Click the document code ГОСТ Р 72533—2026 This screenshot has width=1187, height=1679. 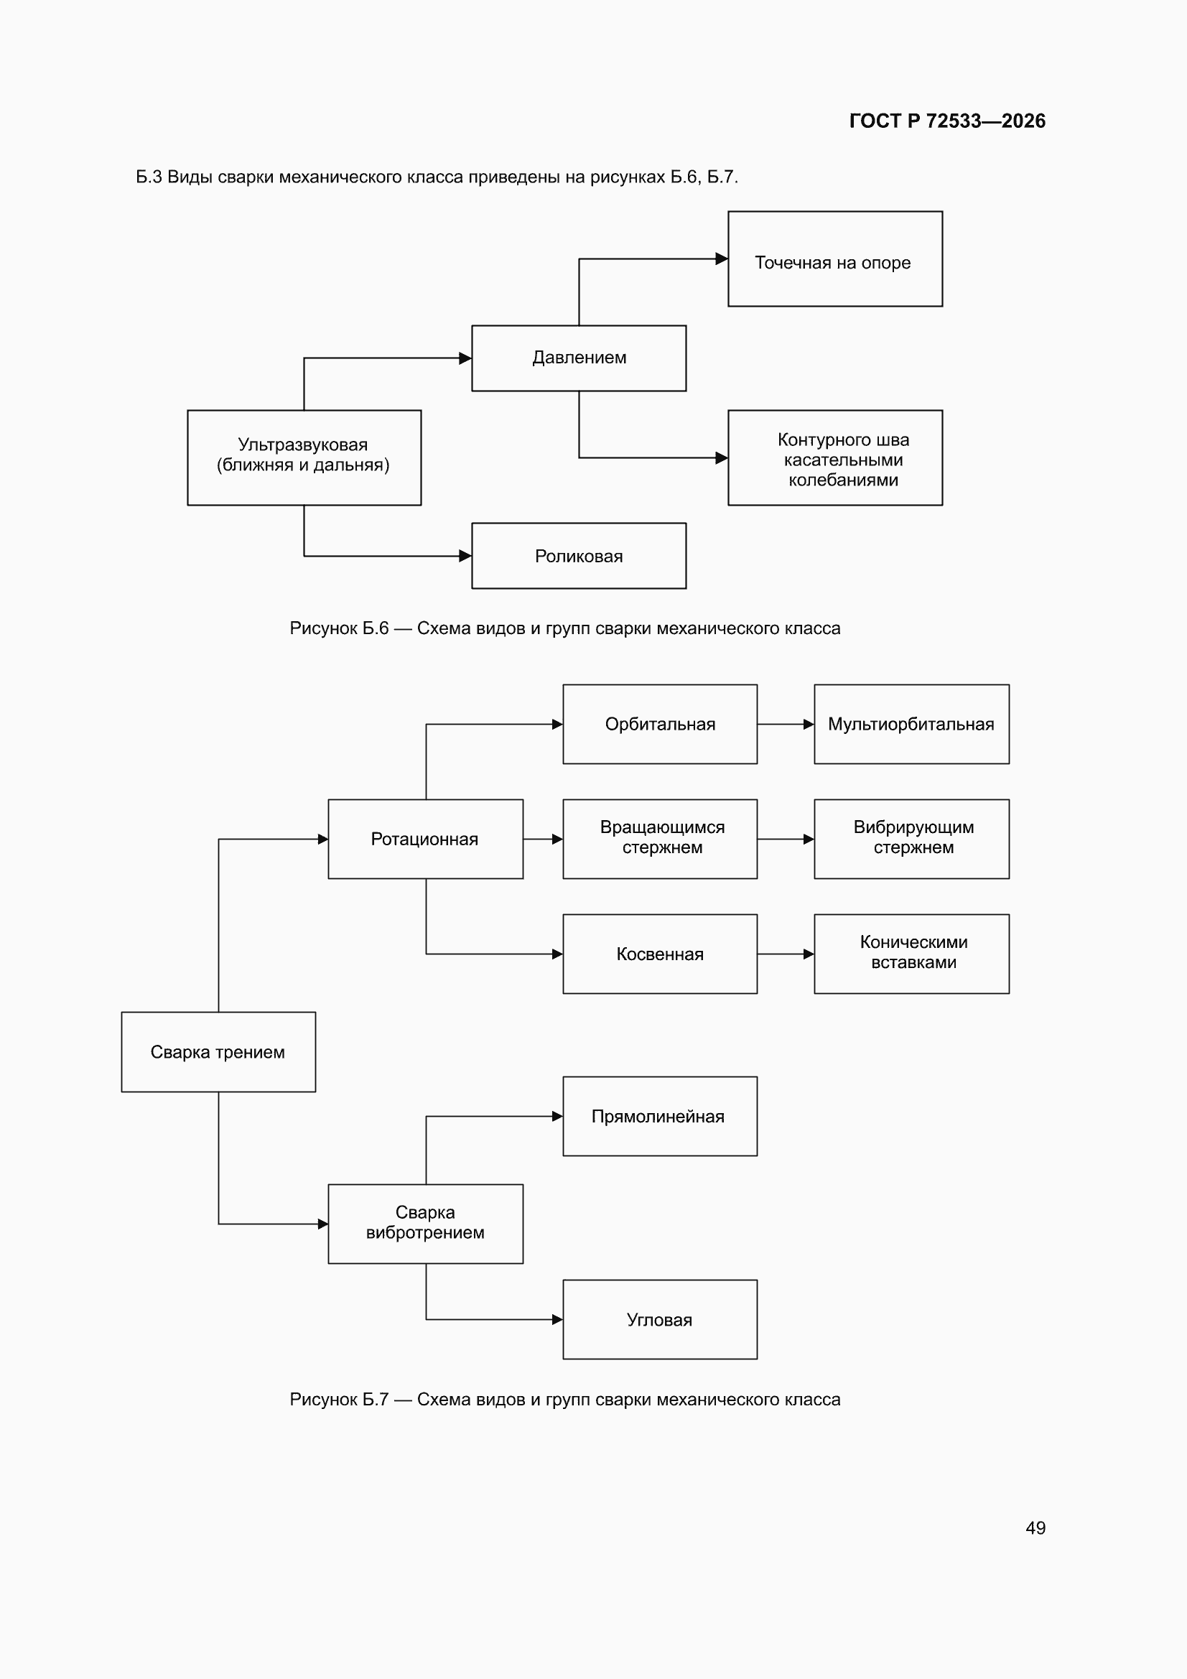tap(947, 121)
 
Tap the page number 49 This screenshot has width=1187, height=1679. tap(1035, 1527)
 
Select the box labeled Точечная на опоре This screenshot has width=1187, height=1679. tap(835, 259)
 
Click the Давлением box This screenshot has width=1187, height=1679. tap(579, 358)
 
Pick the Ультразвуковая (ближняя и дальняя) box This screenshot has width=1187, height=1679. tap(304, 457)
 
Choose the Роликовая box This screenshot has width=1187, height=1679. tap(579, 556)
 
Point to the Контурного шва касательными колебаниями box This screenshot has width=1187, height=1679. tap(835, 457)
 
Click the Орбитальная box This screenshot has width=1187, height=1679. tap(660, 724)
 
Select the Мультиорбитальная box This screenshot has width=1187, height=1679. tap(911, 724)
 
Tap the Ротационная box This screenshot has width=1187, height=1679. tap(426, 839)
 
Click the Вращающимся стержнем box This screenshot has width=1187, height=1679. tap(660, 839)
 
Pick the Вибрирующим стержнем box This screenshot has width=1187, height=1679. tap(911, 839)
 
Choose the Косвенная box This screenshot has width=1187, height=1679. tap(660, 954)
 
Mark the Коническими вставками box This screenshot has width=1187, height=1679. tap(911, 954)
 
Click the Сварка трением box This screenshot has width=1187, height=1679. tap(219, 1051)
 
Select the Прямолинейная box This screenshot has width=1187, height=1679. tap(660, 1116)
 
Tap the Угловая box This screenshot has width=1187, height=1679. tap(660, 1319)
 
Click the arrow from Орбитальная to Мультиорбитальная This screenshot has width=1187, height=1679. tap(786, 724)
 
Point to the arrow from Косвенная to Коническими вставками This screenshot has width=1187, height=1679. tap(786, 954)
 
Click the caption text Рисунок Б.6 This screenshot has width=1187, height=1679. tap(340, 628)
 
